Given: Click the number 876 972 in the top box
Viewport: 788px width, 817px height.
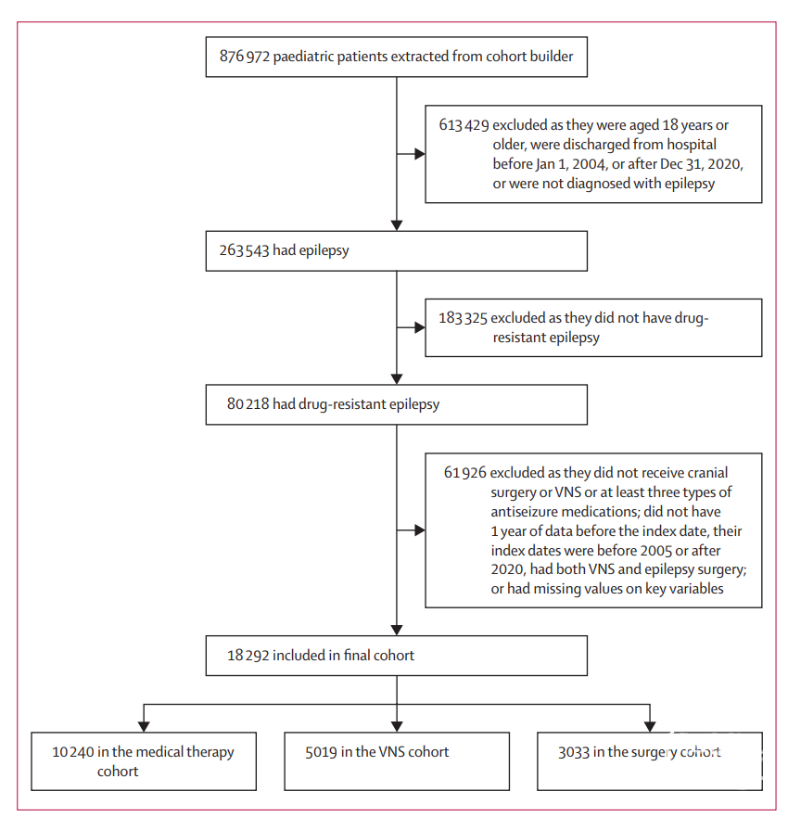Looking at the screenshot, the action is pyautogui.click(x=244, y=57).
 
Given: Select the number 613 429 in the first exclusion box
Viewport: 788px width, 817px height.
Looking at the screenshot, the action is pyautogui.click(x=464, y=125).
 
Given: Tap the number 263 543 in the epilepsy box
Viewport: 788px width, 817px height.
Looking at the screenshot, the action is pyautogui.click(x=244, y=250).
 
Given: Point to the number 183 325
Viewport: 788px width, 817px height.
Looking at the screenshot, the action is pyautogui.click(x=463, y=318).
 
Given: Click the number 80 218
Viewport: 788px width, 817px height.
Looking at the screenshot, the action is pyautogui.click(x=248, y=403).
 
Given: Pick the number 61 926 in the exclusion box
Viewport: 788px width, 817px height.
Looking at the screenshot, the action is pyautogui.click(x=464, y=473).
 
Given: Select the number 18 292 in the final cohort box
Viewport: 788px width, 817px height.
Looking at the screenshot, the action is pyautogui.click(x=248, y=655).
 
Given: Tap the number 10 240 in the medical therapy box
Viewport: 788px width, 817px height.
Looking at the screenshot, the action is pyautogui.click(x=73, y=752).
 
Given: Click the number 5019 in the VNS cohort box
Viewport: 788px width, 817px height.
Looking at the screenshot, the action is pyautogui.click(x=321, y=752).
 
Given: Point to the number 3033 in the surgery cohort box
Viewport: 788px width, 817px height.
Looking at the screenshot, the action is pyautogui.click(x=574, y=752).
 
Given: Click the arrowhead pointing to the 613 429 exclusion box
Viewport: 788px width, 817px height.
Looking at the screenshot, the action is pyautogui.click(x=420, y=154).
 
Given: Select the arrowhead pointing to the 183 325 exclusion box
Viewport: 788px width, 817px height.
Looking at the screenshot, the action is pyautogui.click(x=420, y=327).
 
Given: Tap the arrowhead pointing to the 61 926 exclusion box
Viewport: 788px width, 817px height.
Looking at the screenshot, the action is pyautogui.click(x=420, y=530).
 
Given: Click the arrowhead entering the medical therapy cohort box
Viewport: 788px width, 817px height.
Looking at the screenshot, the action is pyautogui.click(x=144, y=727).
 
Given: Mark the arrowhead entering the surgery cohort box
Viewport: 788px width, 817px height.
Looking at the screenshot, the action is pyautogui.click(x=650, y=727).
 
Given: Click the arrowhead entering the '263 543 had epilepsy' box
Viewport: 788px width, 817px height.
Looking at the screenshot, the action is pyautogui.click(x=397, y=225).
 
